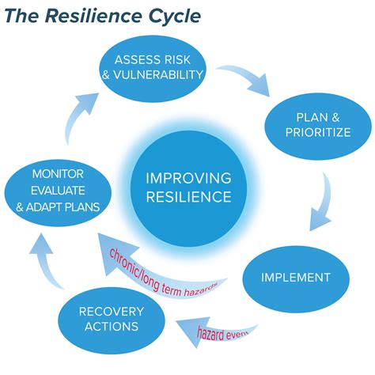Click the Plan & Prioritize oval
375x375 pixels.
(317, 123)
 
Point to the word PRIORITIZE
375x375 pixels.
(317, 132)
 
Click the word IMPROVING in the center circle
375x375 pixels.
(187, 177)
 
